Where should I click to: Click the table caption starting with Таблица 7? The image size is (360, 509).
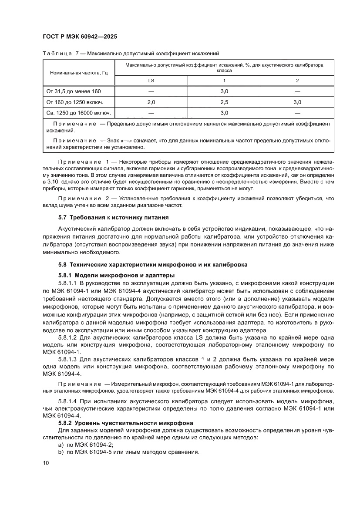(x=130, y=54)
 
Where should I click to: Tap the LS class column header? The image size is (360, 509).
(x=151, y=81)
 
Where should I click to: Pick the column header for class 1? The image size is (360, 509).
(x=224, y=81)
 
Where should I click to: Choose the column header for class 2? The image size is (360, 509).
(x=297, y=81)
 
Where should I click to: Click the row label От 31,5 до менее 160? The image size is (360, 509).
(x=73, y=91)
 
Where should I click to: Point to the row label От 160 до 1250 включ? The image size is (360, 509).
(x=74, y=102)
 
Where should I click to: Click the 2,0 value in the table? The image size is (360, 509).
(x=151, y=102)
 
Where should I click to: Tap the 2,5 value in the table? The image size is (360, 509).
(x=224, y=102)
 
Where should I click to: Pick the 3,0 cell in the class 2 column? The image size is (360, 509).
(x=297, y=102)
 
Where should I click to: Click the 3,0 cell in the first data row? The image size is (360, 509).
(x=224, y=91)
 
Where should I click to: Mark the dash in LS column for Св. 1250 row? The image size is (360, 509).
(x=151, y=113)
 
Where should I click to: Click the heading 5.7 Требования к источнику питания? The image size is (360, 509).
(x=113, y=217)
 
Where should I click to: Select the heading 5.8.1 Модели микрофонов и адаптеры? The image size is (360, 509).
(x=116, y=275)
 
